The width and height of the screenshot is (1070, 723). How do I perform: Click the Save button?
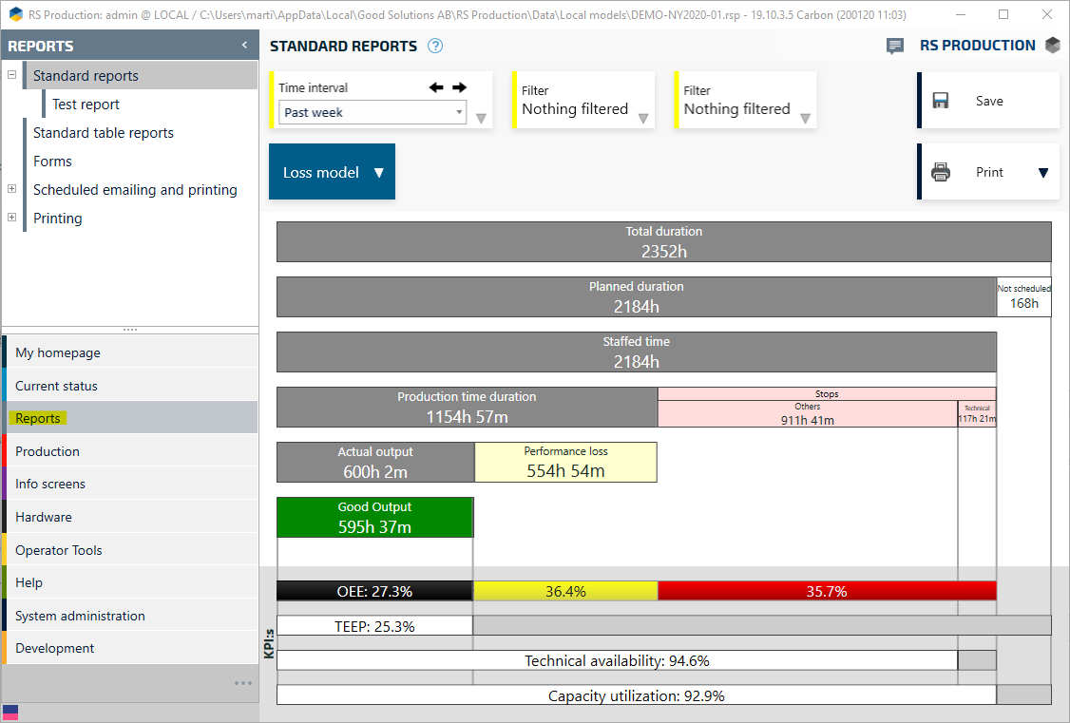click(988, 101)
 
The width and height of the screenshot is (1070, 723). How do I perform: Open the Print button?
click(988, 172)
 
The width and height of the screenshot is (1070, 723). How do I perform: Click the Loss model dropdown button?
click(332, 172)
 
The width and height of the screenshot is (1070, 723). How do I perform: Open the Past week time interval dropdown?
click(373, 112)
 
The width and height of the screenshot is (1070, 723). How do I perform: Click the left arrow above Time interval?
click(436, 87)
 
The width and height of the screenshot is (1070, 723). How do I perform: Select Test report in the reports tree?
click(86, 105)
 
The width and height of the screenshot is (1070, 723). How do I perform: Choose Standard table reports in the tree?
click(104, 133)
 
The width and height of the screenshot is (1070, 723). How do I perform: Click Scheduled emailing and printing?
click(135, 190)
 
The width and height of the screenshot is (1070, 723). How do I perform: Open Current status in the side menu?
click(56, 386)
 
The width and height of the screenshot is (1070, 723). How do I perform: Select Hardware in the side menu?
click(43, 517)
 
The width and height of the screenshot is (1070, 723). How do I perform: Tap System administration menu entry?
click(80, 616)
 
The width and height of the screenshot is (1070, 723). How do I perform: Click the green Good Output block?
click(374, 517)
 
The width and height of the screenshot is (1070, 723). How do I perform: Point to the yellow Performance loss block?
click(565, 462)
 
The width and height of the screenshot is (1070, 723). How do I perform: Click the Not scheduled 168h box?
click(1023, 296)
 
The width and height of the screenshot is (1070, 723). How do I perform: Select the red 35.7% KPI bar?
click(826, 591)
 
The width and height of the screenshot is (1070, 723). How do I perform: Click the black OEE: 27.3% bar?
click(374, 591)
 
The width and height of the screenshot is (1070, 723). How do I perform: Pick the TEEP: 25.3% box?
click(374, 626)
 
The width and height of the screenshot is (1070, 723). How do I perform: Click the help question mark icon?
click(435, 46)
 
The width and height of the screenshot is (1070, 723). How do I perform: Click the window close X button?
click(1045, 14)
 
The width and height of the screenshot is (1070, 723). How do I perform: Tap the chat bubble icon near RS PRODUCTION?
click(894, 46)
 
